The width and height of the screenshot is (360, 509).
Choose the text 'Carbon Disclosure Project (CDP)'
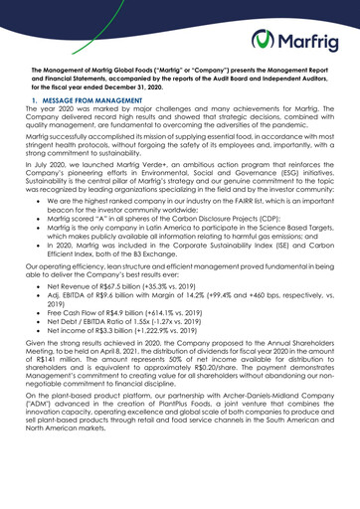(214, 273)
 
